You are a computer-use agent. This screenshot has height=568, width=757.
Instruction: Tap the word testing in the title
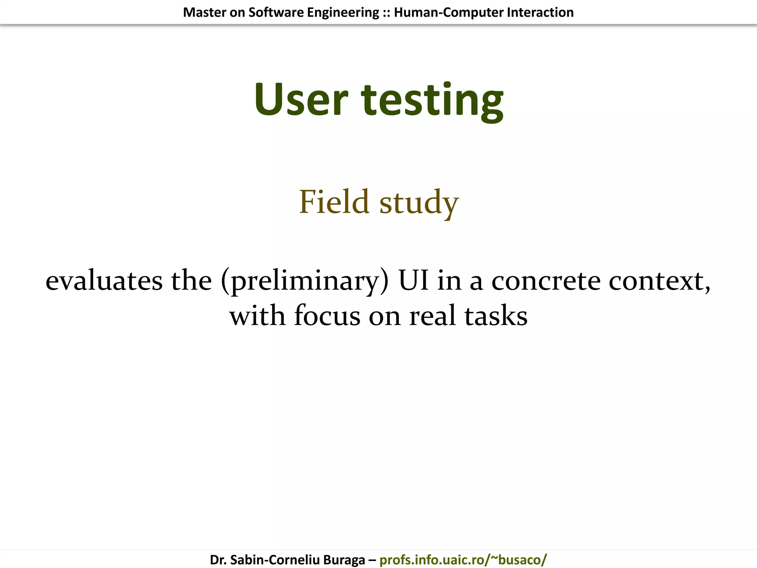point(432,100)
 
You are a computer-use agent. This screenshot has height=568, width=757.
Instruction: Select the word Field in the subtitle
point(334,202)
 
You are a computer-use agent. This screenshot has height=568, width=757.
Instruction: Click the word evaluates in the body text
point(104,281)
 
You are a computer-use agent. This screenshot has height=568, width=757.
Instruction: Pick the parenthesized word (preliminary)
point(305,281)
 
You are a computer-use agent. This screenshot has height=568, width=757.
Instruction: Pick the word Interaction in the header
point(540,13)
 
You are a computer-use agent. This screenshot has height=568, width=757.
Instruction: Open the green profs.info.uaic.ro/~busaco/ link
point(463,560)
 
